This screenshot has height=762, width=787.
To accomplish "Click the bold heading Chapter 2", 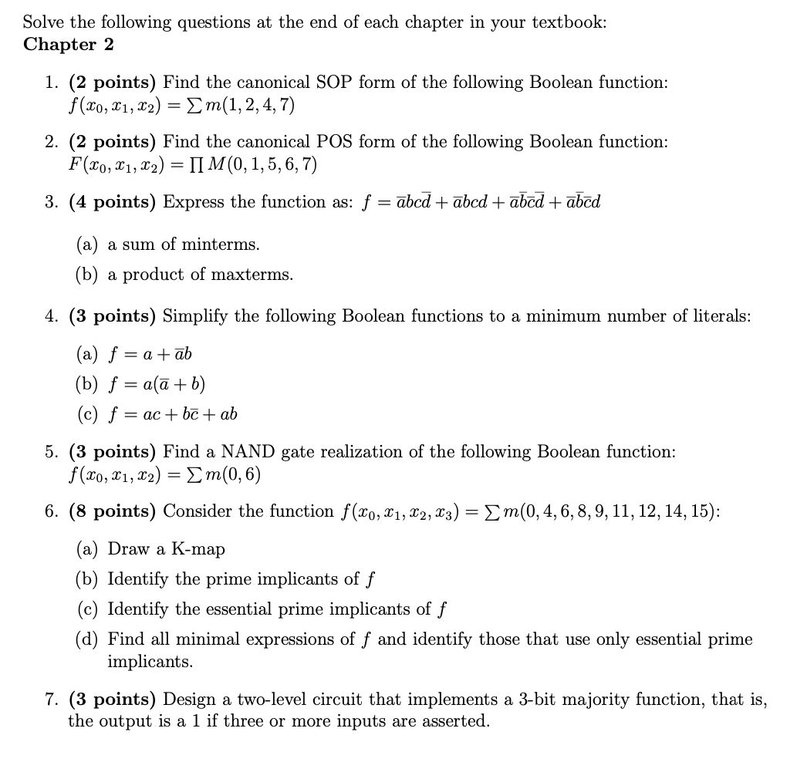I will coord(69,45).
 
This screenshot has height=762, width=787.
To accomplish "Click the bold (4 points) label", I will coord(113,203).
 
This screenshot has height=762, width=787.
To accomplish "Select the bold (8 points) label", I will coord(113,511).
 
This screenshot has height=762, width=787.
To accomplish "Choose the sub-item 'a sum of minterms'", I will coord(184,245).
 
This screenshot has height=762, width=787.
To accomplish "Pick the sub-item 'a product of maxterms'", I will coord(201,275).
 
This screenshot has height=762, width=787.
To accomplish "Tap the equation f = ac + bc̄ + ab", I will coord(173,414).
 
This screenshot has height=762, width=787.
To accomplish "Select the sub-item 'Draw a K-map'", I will coord(167,549).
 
